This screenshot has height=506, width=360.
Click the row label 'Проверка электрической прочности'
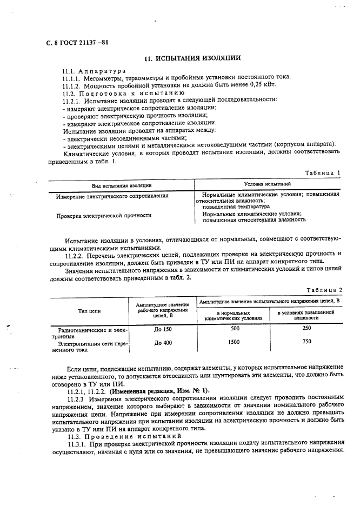pos(104,216)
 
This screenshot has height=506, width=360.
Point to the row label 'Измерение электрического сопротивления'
pos(112,196)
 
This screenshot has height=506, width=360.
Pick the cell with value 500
pos(234,328)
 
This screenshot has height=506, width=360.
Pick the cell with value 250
pos(306,328)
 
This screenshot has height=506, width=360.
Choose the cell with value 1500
pos(234,342)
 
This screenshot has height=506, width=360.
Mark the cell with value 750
pos(306,342)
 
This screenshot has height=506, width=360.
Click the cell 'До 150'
pos(163,328)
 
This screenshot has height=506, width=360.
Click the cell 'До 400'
pos(163,342)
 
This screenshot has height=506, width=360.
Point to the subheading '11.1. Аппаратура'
pos(94,71)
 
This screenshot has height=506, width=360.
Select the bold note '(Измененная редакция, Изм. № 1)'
pos(156,391)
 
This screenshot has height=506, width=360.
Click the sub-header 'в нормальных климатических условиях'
pos(234,316)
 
